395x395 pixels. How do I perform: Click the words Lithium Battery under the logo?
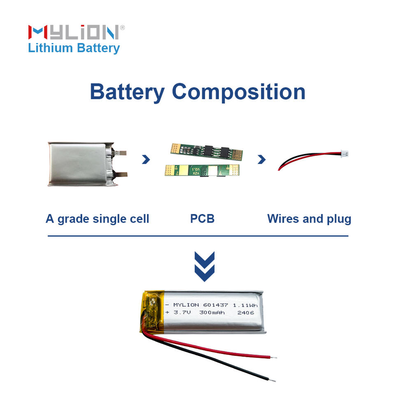pyautogui.click(x=74, y=48)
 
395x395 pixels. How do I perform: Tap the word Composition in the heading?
pyautogui.click(x=238, y=92)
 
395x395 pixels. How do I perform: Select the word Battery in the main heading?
pyautogui.click(x=127, y=92)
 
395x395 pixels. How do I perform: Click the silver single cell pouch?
pyautogui.click(x=81, y=163)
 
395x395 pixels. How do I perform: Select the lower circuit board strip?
pyautogui.click(x=201, y=170)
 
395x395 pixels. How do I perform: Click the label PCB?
pyautogui.click(x=202, y=218)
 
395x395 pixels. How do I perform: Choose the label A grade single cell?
pyautogui.click(x=97, y=218)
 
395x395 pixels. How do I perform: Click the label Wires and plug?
pyautogui.click(x=309, y=218)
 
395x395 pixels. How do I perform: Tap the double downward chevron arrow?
pyautogui.click(x=204, y=266)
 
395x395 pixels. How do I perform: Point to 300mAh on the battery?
pyautogui.click(x=212, y=313)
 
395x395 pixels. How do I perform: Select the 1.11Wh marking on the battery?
pyautogui.click(x=246, y=305)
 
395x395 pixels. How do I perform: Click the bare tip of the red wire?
pyautogui.click(x=274, y=357)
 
